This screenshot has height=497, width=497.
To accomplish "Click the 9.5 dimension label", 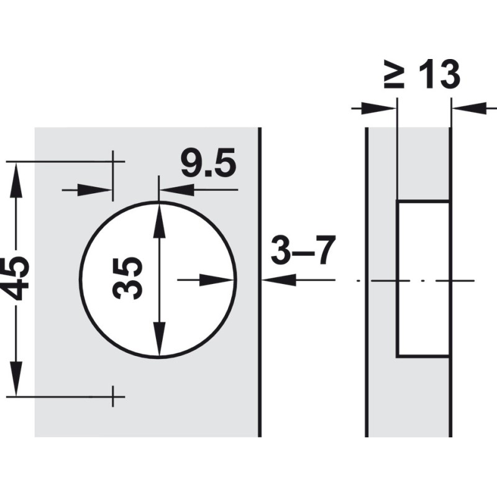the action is pyautogui.click(x=209, y=162).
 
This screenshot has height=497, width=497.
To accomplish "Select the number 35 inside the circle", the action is pyautogui.click(x=127, y=278).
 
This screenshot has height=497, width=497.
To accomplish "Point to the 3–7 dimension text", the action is pyautogui.click(x=303, y=250).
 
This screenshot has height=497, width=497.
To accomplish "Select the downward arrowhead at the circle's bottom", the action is pyautogui.click(x=159, y=339).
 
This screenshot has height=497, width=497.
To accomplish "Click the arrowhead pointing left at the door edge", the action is pyautogui.click(x=279, y=280).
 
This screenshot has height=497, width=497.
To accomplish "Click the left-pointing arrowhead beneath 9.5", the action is pyautogui.click(x=177, y=190).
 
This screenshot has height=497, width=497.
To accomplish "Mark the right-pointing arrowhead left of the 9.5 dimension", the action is pyautogui.click(x=95, y=190).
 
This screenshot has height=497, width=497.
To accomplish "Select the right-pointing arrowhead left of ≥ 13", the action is pyautogui.click(x=379, y=109).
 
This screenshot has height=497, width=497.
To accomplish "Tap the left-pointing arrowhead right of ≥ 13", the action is pyautogui.click(x=470, y=109).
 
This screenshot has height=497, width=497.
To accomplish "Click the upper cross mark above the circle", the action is pyautogui.click(x=113, y=162).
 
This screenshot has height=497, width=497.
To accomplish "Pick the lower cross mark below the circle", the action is pyautogui.click(x=113, y=396).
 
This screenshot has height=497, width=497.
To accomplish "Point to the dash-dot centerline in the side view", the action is pyautogui.click(x=416, y=281).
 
